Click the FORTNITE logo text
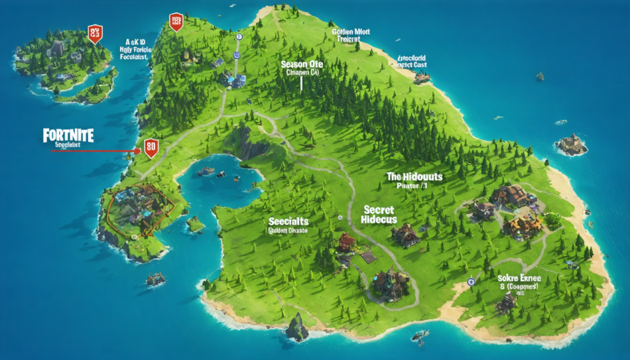click(x=68, y=135)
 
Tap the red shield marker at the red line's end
click(x=150, y=148)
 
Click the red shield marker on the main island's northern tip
click(x=176, y=22)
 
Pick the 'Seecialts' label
click(x=289, y=221)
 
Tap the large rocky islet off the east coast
click(x=571, y=145)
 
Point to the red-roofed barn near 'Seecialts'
click(x=346, y=242)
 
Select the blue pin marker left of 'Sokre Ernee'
click(x=471, y=282)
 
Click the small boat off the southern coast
click(x=420, y=335)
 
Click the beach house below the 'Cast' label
click(x=421, y=78)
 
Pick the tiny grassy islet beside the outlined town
click(x=195, y=224)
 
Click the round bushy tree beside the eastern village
click(x=552, y=219)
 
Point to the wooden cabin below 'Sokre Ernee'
click(x=506, y=302)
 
